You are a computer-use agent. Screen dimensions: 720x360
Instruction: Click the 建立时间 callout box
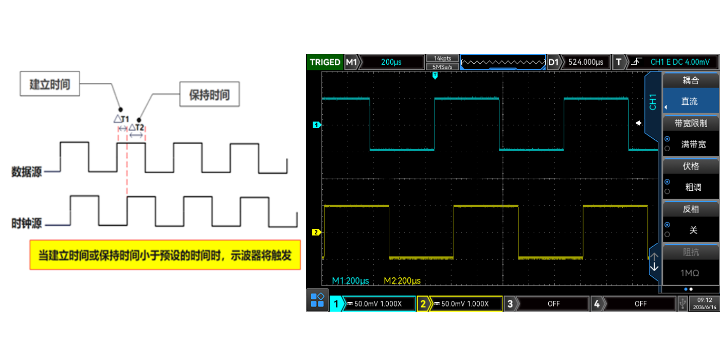coord(50,84)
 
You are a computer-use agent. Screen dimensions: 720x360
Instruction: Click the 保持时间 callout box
coord(209,95)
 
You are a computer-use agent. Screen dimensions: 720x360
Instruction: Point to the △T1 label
coord(121,119)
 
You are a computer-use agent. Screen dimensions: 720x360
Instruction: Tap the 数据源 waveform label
coord(27,172)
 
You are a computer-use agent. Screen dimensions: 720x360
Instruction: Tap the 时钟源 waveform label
coord(27,224)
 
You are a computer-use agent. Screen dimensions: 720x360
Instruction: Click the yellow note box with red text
coord(165,255)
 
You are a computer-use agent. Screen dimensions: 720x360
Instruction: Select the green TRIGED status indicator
coord(325,62)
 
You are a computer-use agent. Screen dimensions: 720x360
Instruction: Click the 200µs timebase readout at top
coord(391,62)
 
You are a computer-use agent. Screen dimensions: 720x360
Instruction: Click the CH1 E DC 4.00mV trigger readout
coord(679,62)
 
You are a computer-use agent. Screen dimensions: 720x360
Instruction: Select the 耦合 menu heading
coord(691,80)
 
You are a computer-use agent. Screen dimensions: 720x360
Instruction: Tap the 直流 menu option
coord(690,101)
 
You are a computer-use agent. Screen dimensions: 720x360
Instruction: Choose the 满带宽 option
coord(693,145)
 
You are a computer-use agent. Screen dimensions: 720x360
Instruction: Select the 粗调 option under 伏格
coord(693,187)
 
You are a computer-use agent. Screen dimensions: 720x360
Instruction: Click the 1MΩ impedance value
coord(690,273)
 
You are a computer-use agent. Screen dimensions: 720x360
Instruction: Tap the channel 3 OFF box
coord(553,304)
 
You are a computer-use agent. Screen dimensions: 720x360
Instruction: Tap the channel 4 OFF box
coord(640,304)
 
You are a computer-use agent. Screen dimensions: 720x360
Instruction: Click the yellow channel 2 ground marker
coord(316,232)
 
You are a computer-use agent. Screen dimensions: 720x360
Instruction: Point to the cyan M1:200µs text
coord(351,281)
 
